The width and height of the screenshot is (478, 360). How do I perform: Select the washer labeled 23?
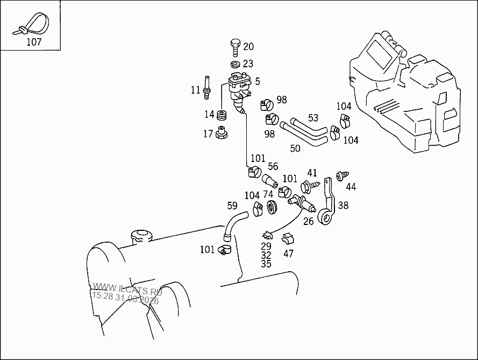[x=235, y=65]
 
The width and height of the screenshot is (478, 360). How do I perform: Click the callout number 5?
[x=258, y=81]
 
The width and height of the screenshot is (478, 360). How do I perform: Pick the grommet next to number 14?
[x=222, y=114]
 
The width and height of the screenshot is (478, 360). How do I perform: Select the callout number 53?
[x=313, y=118]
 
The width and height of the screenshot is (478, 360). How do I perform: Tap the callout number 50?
[x=295, y=148]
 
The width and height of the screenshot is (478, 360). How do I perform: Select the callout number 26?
[x=308, y=221]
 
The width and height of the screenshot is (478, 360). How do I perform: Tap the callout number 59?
[x=232, y=205]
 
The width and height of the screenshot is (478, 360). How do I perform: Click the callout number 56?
[x=273, y=166]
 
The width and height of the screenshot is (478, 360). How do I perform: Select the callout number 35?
[x=266, y=264]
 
